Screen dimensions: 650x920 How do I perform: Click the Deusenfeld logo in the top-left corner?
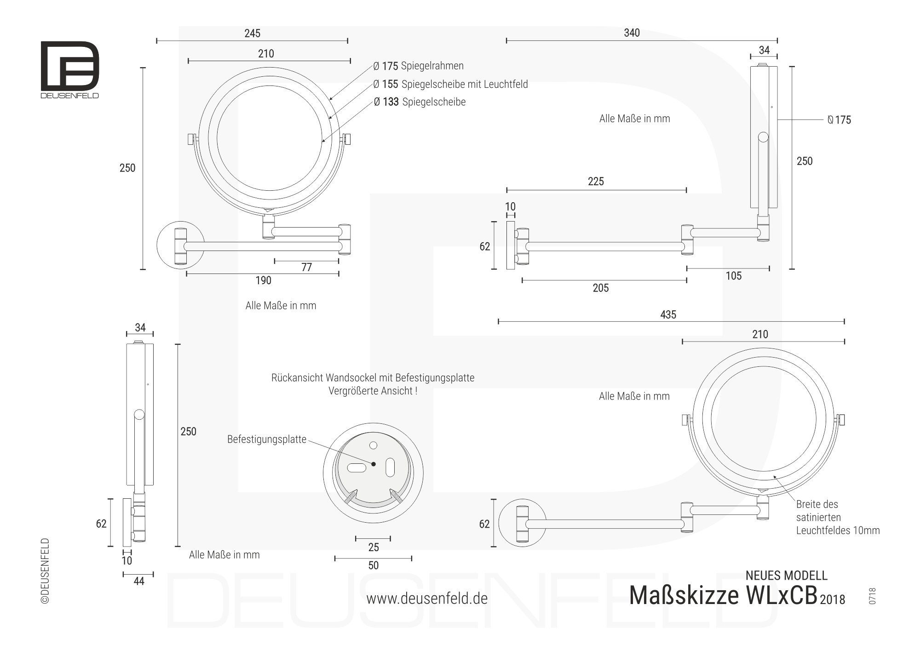pos(70,69)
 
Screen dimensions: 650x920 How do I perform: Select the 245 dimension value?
pos(252,33)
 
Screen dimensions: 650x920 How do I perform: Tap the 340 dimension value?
pos(632,33)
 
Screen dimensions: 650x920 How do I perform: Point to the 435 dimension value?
pos(668,315)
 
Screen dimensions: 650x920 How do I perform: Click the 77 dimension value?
pos(307,268)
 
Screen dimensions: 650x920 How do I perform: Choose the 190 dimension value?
pos(263,280)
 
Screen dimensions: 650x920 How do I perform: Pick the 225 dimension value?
pos(596,182)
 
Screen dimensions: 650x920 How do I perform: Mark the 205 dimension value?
pos(601,288)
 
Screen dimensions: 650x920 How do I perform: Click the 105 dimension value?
pos(734,276)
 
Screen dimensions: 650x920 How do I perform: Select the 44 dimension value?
pos(138,582)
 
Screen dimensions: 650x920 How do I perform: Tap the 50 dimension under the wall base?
pos(373,565)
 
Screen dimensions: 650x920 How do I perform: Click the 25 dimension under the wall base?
pos(373,547)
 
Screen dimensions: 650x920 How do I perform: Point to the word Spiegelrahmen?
pos(432,66)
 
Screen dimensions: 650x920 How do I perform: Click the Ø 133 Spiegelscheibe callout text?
pos(420,102)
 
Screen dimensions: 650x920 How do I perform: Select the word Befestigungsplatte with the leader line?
pos(267,439)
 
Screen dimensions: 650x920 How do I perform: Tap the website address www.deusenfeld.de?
pos(427,599)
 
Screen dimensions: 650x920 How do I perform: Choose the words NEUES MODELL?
pos(786,576)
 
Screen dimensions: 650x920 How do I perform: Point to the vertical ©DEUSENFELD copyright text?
pos(45,570)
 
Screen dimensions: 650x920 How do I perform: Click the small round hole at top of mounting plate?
pos(374,445)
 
